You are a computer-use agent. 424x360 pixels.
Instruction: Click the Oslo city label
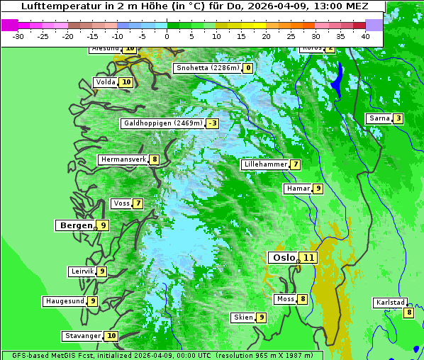283,257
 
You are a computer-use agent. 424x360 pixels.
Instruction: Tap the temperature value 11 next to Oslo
308,257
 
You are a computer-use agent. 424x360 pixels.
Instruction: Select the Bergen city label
76,225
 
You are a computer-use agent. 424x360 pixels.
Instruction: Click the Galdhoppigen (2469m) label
163,123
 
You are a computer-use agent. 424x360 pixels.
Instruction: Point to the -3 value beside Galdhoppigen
212,123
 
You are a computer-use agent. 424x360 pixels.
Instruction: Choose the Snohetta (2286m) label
208,68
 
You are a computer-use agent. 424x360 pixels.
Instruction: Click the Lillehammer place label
265,164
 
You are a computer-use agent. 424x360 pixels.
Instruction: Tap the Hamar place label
297,189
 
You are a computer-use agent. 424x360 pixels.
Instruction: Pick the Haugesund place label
65,301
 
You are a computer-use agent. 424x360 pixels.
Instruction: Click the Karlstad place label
391,303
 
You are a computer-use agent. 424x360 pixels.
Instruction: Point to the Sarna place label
379,118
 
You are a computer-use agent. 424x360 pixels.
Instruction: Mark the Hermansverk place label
123,159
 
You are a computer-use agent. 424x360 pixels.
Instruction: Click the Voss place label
121,203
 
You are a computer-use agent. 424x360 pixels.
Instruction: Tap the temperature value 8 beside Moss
303,299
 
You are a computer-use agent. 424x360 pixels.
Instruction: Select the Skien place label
243,317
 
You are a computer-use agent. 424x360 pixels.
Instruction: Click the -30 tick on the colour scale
18,35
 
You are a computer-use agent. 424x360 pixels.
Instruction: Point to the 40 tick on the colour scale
365,35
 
